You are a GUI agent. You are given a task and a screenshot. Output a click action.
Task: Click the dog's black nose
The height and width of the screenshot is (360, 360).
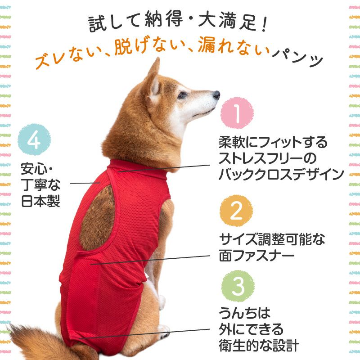point(216,94)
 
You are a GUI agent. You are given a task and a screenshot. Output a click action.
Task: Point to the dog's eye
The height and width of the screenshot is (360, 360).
point(182,95)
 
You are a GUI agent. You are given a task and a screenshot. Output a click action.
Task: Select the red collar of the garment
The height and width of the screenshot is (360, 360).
point(137,166)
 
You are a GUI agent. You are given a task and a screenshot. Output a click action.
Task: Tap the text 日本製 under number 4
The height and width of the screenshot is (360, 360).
point(40,201)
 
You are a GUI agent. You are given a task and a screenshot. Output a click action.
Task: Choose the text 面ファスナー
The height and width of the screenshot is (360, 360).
point(256,256)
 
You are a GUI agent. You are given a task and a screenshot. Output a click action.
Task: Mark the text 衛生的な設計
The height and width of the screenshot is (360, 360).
point(259,346)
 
